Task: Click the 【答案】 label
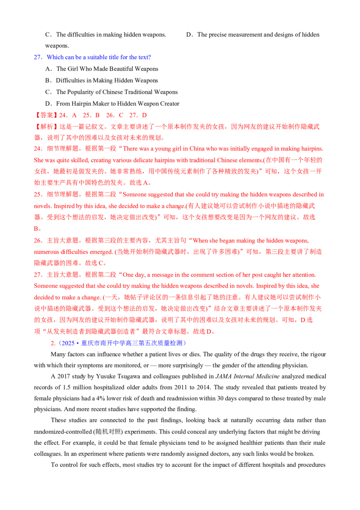pos(45,116)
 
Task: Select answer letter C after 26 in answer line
pos(121,116)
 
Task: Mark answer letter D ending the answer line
pos(144,116)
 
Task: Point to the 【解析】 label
pos(45,126)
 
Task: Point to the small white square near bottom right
pos(322,434)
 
